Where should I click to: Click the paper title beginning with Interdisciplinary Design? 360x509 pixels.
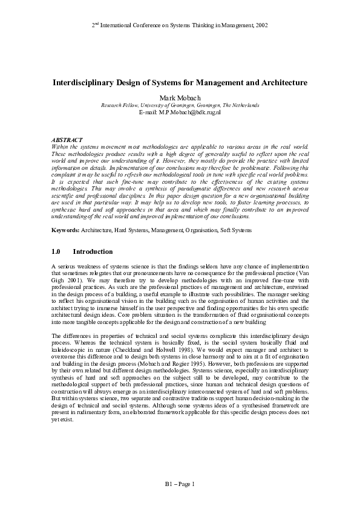tap(179, 82)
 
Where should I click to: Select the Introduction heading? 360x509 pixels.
tap(93, 251)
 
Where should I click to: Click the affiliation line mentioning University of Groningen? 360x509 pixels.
tap(180, 105)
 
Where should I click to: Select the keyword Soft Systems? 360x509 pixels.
tap(234, 230)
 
